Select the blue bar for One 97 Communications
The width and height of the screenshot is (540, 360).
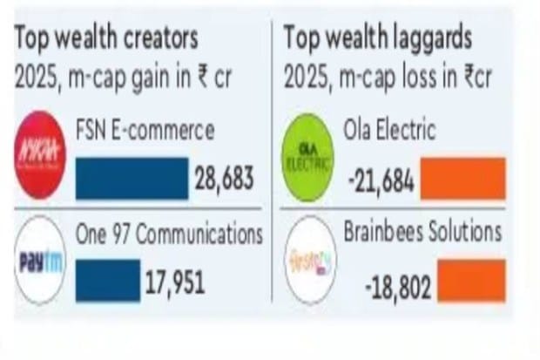tap(107, 280)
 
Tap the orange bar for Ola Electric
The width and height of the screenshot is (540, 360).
tap(462, 178)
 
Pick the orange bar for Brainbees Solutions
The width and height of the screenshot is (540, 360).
tap(471, 282)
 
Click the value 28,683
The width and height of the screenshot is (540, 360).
tap(225, 179)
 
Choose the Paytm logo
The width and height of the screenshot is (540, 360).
tap(40, 261)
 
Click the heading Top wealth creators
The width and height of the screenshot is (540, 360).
tap(105, 38)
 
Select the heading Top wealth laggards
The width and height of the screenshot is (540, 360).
tap(378, 38)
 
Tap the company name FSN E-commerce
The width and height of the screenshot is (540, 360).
tap(145, 132)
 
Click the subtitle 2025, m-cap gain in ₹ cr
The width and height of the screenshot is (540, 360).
tap(122, 78)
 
